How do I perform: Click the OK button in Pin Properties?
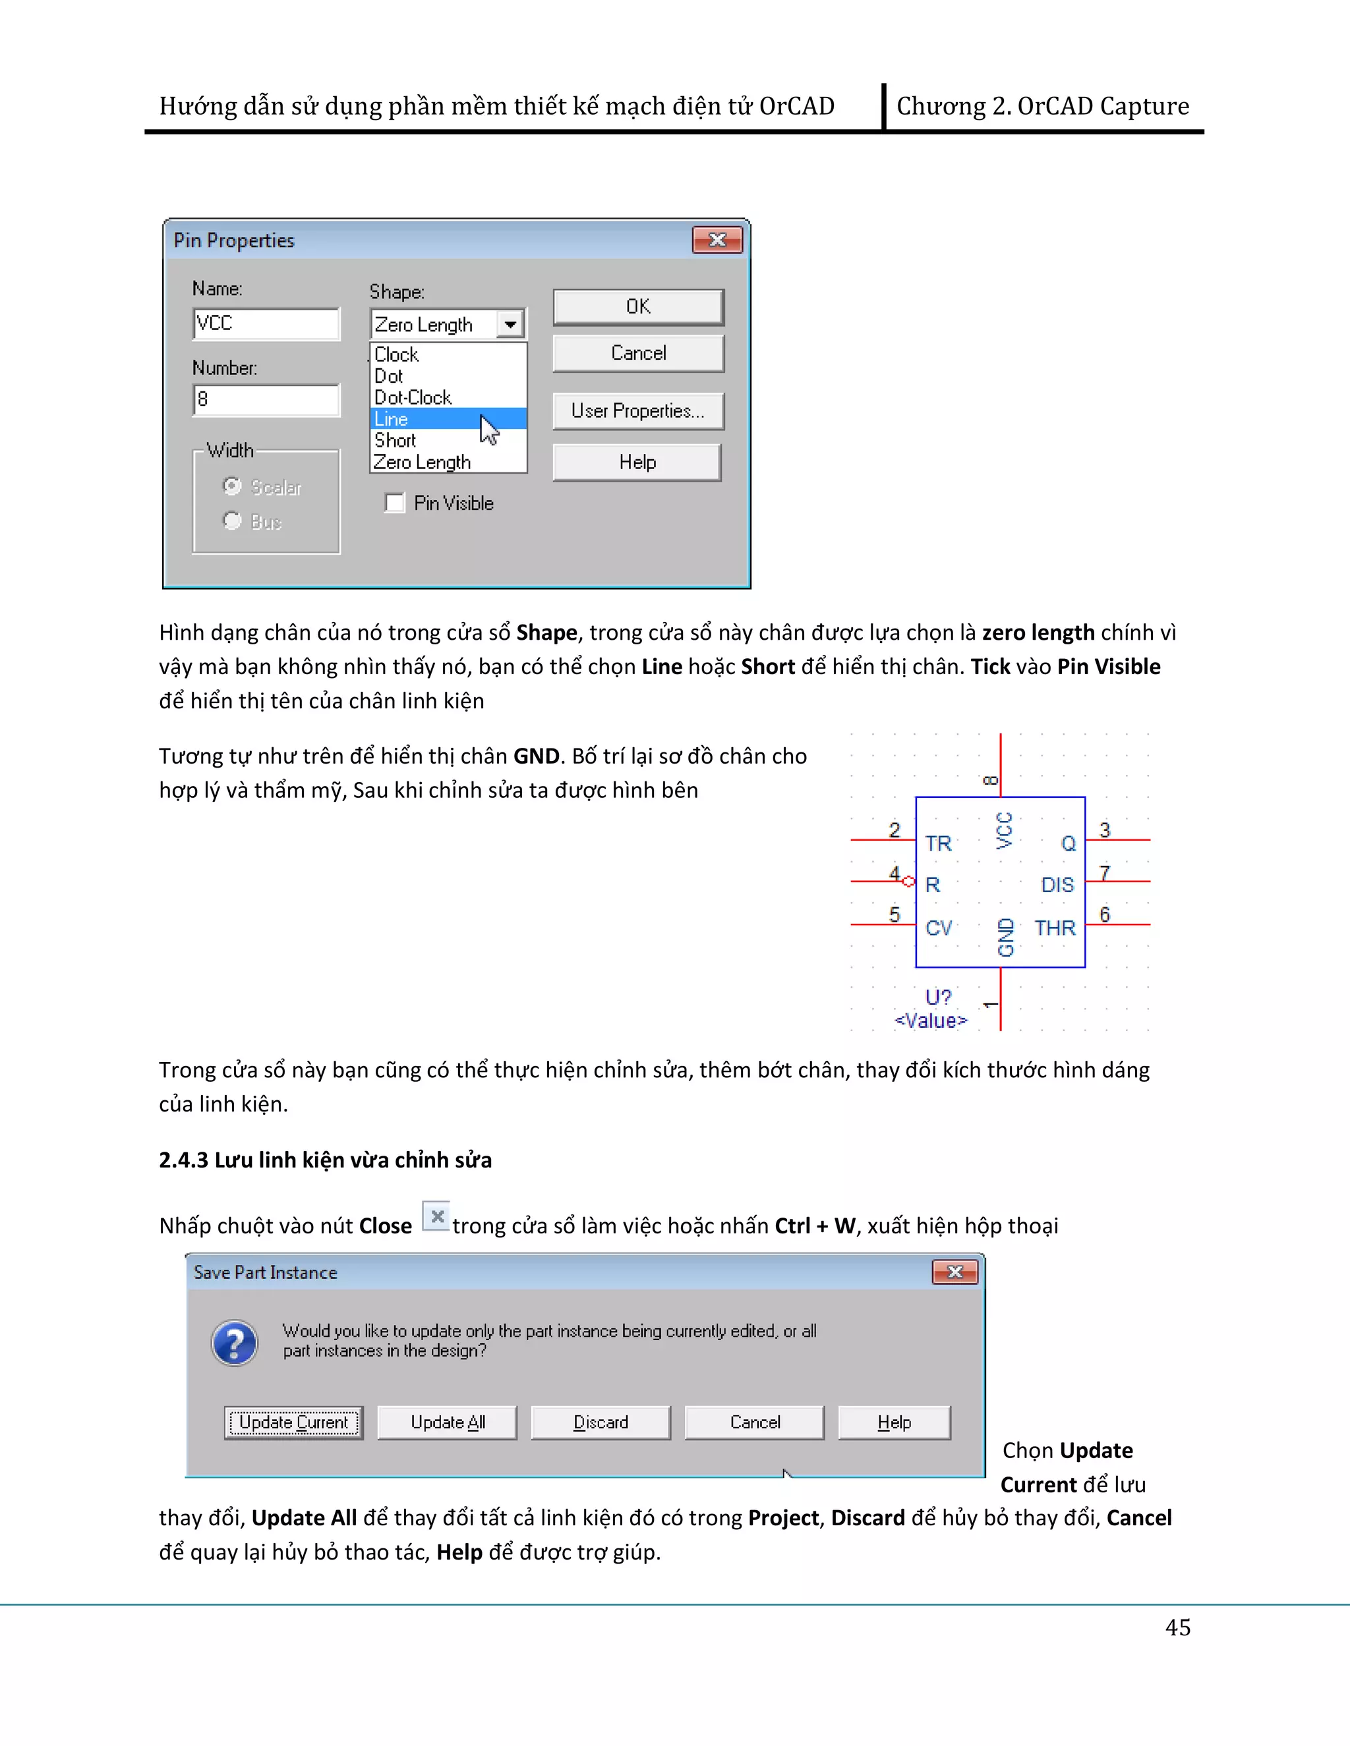tap(637, 307)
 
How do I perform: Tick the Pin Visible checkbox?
tap(395, 503)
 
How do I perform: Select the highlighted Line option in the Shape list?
tap(432, 419)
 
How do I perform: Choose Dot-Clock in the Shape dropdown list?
tap(413, 397)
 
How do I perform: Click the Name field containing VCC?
tap(266, 324)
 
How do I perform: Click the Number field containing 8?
tap(266, 400)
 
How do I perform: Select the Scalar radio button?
tap(233, 486)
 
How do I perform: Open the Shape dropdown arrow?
tap(510, 325)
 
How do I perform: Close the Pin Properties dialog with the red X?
tap(717, 240)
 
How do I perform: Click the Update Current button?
tap(293, 1422)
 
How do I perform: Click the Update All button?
tap(447, 1422)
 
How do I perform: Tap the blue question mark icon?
tap(234, 1342)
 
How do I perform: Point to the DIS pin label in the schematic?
tap(1057, 885)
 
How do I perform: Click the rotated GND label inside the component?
tap(1006, 937)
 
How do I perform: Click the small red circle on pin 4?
tap(908, 881)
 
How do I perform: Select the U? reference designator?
tap(937, 997)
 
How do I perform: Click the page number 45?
tap(1177, 1627)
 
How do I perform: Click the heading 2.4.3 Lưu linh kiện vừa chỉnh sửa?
tap(325, 1160)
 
